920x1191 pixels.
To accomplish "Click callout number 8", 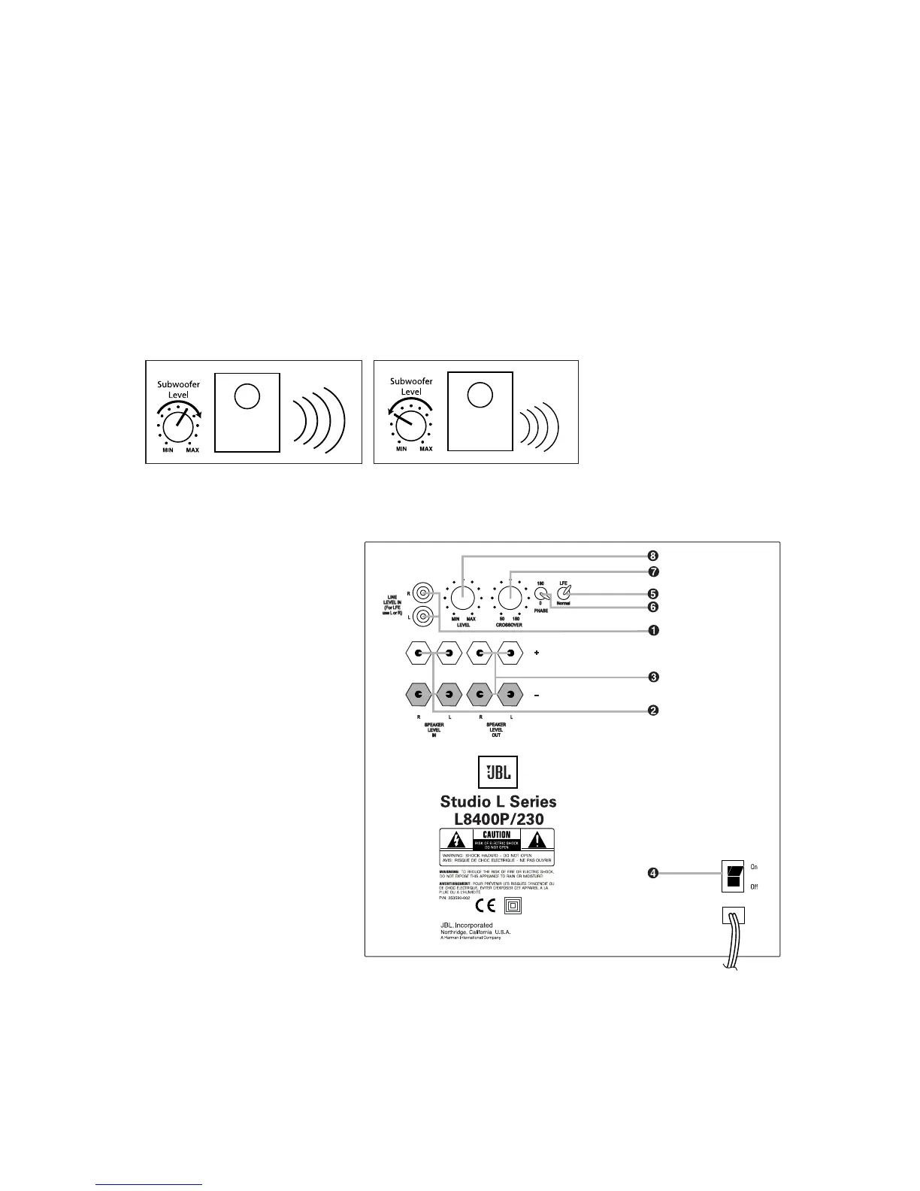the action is click(654, 556).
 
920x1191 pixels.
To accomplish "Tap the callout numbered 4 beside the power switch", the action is click(654, 873).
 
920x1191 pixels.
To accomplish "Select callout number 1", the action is click(654, 630).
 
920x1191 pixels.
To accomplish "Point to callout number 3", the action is click(654, 677).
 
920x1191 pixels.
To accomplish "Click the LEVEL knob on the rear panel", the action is click(463, 599).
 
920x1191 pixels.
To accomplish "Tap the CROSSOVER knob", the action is click(510, 599).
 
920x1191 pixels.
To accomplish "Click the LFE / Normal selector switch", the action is click(564, 592).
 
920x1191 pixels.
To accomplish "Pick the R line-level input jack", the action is click(424, 593).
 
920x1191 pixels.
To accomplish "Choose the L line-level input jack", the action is click(424, 617).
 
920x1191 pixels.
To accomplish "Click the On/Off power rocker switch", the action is click(733, 876).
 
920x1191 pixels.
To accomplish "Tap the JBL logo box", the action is click(498, 772).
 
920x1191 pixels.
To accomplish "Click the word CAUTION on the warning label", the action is click(496, 835).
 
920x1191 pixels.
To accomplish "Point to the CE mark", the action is click(486, 906).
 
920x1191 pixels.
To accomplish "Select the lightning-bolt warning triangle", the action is click(456, 841).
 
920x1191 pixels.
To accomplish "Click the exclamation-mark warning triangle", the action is click(537, 841).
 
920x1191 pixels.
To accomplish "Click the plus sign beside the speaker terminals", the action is click(537, 653).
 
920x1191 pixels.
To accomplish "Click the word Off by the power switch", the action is click(754, 886).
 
